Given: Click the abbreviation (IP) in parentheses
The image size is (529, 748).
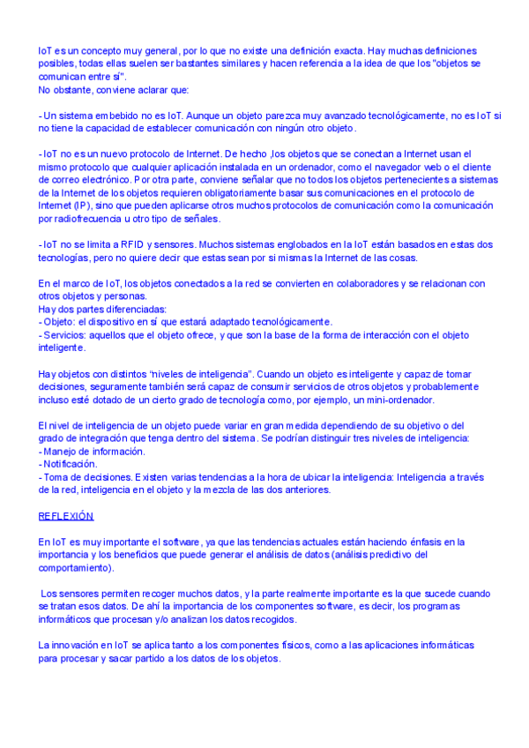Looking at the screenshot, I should click(82, 206).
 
